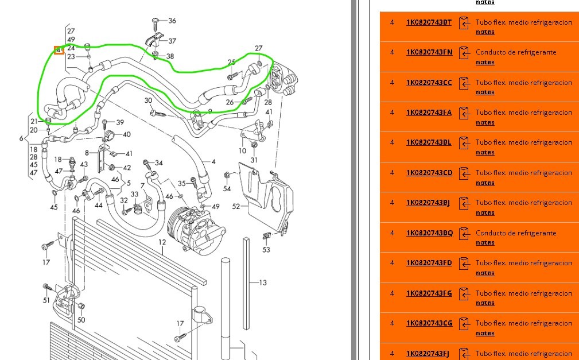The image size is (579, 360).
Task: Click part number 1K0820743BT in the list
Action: (429, 22)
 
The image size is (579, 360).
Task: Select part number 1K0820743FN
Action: (429, 52)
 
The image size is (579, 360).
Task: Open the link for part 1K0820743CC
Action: (429, 83)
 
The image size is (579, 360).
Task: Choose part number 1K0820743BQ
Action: (429, 233)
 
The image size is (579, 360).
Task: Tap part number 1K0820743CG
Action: (429, 323)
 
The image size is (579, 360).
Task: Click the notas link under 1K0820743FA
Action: (485, 122)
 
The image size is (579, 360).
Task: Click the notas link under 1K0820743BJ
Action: (485, 212)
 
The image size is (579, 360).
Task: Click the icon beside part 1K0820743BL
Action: (464, 142)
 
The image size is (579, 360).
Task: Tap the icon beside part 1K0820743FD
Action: (464, 263)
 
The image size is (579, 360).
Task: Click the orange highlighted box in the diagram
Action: (59, 50)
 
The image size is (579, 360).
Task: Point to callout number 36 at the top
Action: (172, 21)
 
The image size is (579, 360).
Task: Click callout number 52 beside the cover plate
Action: (236, 206)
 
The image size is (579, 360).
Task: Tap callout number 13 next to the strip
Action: (263, 282)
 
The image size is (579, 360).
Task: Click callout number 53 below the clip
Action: (266, 250)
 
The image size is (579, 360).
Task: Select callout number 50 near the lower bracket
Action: (81, 320)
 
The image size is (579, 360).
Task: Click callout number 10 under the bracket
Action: (242, 151)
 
